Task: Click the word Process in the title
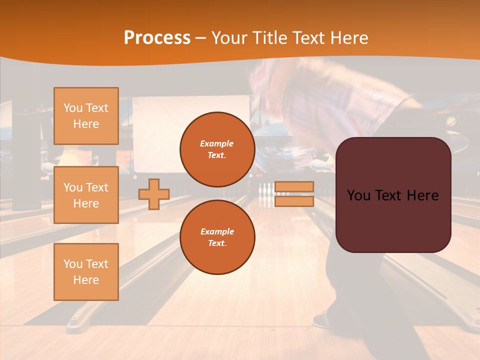point(157,38)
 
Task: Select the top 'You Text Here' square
point(86,116)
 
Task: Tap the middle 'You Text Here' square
point(86,195)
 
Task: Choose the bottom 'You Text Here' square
point(86,272)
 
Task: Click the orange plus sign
point(154,194)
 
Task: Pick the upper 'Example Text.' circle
point(217,149)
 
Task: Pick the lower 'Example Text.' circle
point(217,237)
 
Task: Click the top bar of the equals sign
point(294,186)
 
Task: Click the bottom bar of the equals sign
point(294,201)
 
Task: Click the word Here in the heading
point(348,38)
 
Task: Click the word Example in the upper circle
point(217,143)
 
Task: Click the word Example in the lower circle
point(217,231)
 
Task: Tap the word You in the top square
point(73,108)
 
